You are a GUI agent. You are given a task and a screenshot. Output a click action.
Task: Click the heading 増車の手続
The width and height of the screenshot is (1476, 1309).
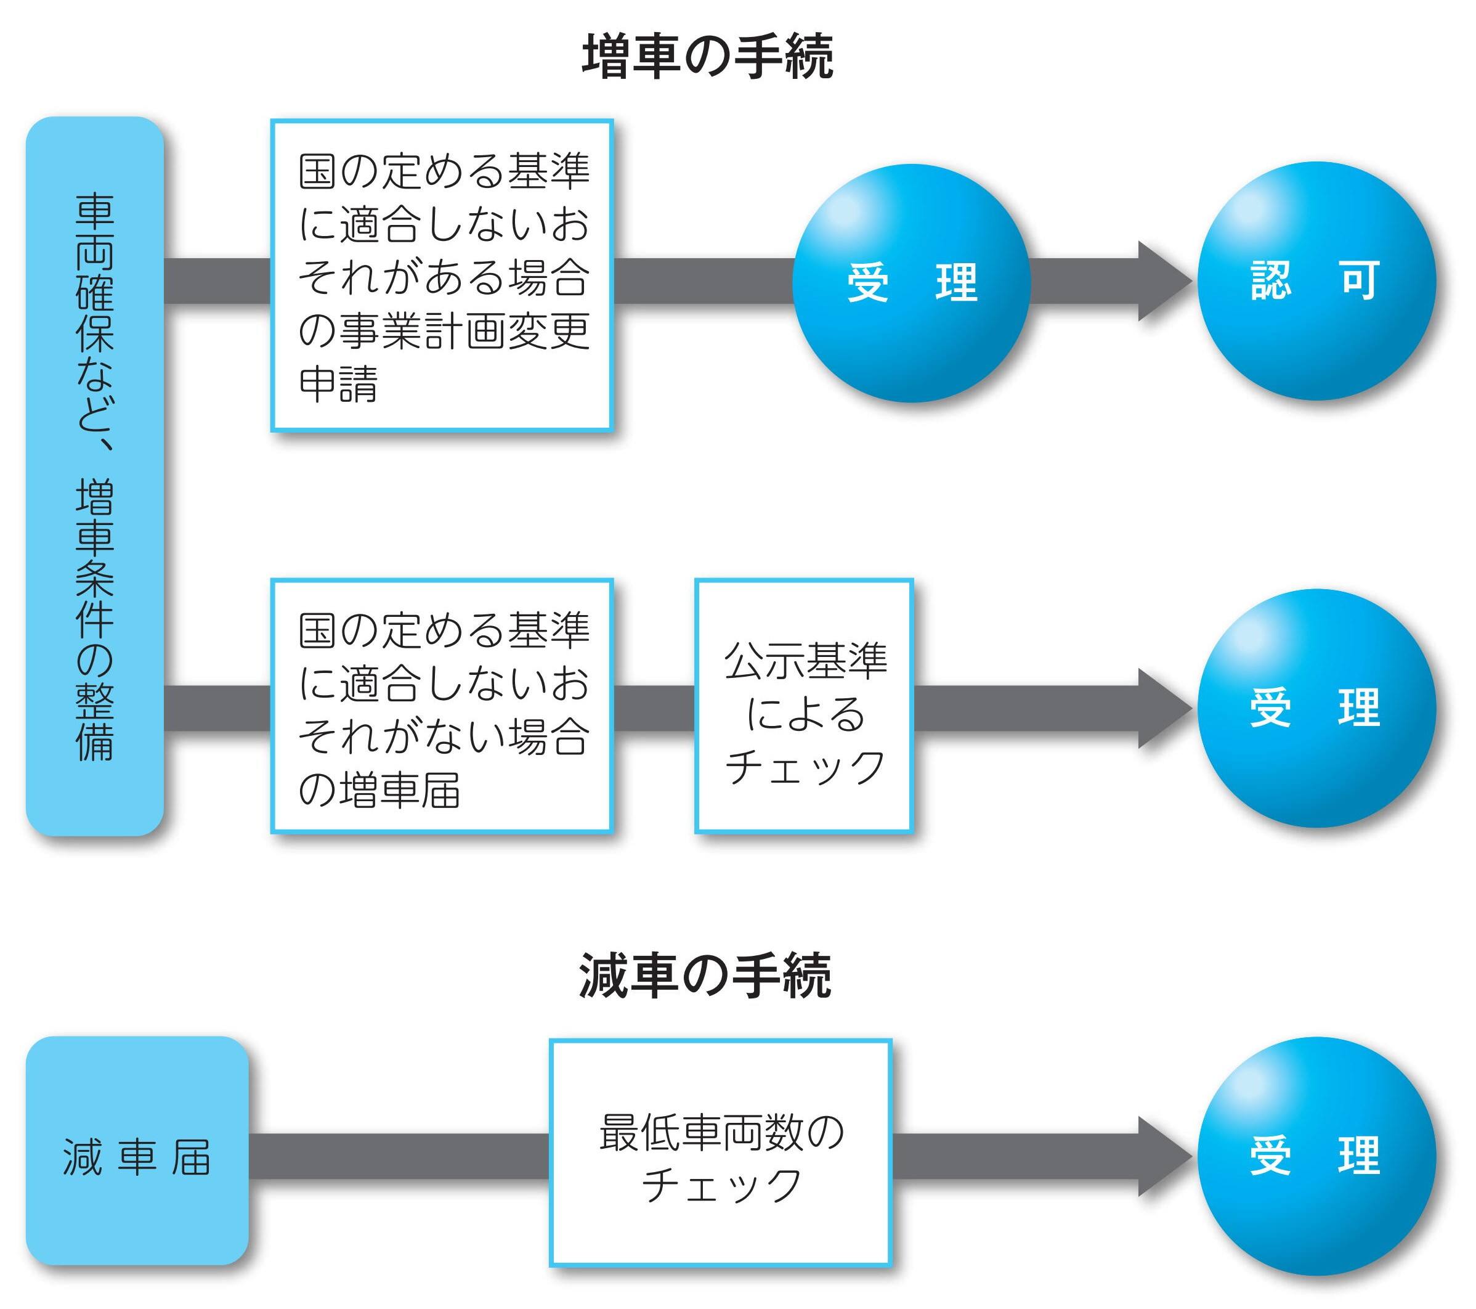[x=707, y=56]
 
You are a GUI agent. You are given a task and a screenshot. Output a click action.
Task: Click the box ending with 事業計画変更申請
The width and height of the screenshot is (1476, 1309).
[x=442, y=275]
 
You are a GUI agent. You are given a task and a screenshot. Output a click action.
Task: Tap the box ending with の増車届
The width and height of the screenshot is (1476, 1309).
[x=442, y=706]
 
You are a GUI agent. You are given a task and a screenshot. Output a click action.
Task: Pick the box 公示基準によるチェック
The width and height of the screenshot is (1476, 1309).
[x=804, y=706]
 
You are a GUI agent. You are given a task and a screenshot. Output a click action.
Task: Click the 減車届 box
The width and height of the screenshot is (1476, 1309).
[x=137, y=1151]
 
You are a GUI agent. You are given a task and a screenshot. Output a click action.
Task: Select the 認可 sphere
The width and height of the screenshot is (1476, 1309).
[x=1316, y=280]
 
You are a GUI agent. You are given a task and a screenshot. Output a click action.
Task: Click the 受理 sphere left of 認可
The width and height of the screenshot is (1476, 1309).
[x=911, y=282]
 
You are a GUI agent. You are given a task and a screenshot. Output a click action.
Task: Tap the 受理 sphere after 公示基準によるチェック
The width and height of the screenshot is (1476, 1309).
[x=1316, y=708]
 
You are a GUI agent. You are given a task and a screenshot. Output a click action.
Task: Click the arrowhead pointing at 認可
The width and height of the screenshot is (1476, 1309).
[x=1163, y=281]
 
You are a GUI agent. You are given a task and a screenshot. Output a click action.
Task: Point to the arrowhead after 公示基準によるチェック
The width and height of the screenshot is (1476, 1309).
[x=1163, y=708]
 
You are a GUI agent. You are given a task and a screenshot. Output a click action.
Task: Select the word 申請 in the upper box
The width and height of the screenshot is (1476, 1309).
[x=338, y=383]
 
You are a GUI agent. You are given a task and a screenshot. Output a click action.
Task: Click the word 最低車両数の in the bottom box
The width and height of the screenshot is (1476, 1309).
[x=721, y=1133]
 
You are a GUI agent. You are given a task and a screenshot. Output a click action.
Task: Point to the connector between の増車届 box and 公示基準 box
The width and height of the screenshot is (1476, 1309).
[x=654, y=708]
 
